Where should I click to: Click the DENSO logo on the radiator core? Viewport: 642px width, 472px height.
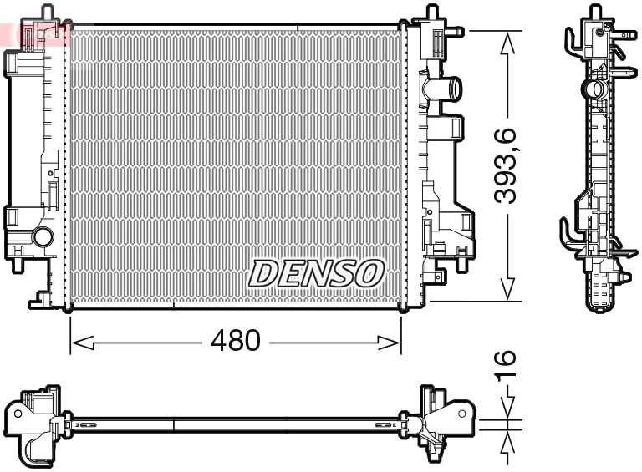point(317,272)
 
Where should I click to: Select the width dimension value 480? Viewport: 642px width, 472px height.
point(235,341)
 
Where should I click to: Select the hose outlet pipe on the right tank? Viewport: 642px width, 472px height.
point(449,87)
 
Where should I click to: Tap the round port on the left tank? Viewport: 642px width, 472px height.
point(42,236)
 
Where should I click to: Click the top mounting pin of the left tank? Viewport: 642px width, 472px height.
point(47,12)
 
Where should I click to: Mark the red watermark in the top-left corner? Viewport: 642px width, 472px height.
point(33,33)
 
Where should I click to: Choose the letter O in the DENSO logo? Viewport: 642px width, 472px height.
point(369,272)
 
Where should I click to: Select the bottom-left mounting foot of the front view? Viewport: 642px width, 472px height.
point(40,299)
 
